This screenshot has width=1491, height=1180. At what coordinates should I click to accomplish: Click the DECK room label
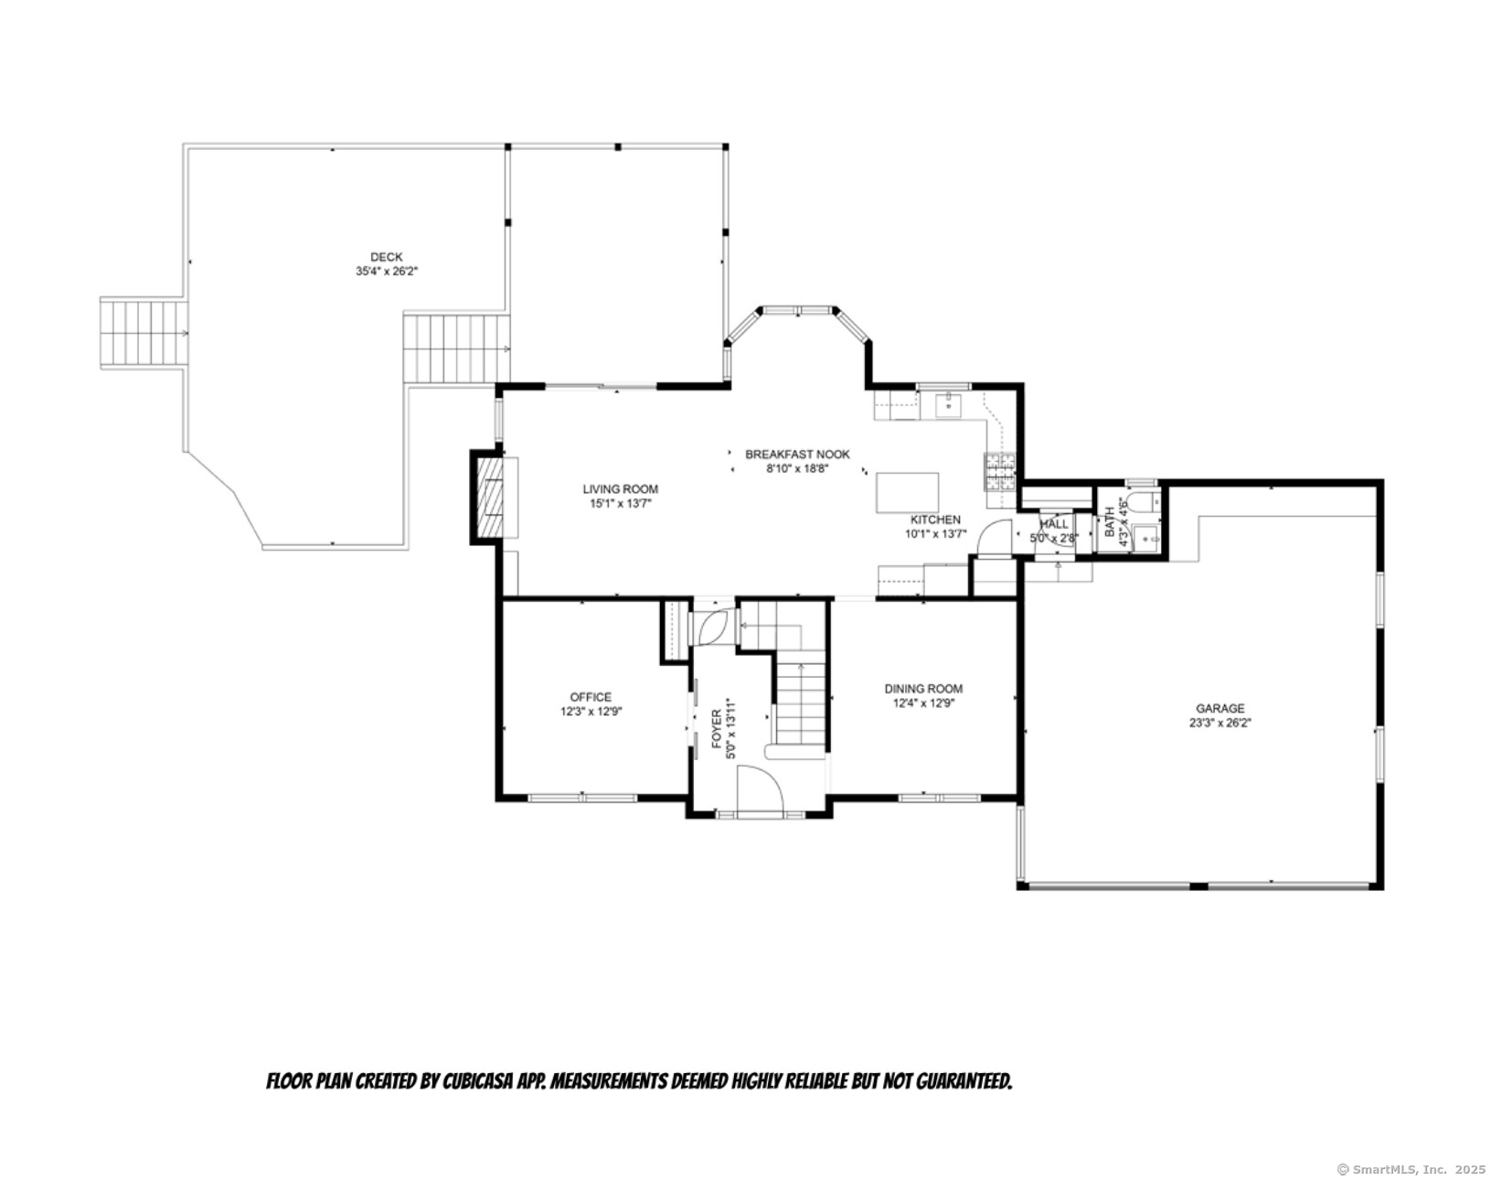386,257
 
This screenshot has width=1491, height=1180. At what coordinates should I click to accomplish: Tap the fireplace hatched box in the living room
491,497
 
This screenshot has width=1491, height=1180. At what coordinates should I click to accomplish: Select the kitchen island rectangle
907,492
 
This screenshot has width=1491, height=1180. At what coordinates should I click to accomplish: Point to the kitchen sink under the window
946,405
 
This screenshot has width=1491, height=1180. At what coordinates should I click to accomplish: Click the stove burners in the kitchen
1000,471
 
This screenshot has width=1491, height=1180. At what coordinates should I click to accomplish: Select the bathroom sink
1146,537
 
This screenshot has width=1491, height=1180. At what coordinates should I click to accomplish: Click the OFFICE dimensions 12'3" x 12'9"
591,712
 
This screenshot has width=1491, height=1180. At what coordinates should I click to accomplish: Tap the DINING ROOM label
923,689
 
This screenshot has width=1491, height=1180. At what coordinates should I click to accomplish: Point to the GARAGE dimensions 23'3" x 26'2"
1219,723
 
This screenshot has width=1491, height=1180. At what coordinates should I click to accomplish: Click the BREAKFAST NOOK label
797,454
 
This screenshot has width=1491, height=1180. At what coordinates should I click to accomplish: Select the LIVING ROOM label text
620,488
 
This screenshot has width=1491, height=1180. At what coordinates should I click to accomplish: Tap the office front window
582,798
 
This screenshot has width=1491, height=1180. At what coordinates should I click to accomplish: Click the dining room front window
939,798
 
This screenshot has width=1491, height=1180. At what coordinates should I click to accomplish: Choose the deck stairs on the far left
144,334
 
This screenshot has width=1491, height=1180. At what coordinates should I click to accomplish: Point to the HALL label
1054,524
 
